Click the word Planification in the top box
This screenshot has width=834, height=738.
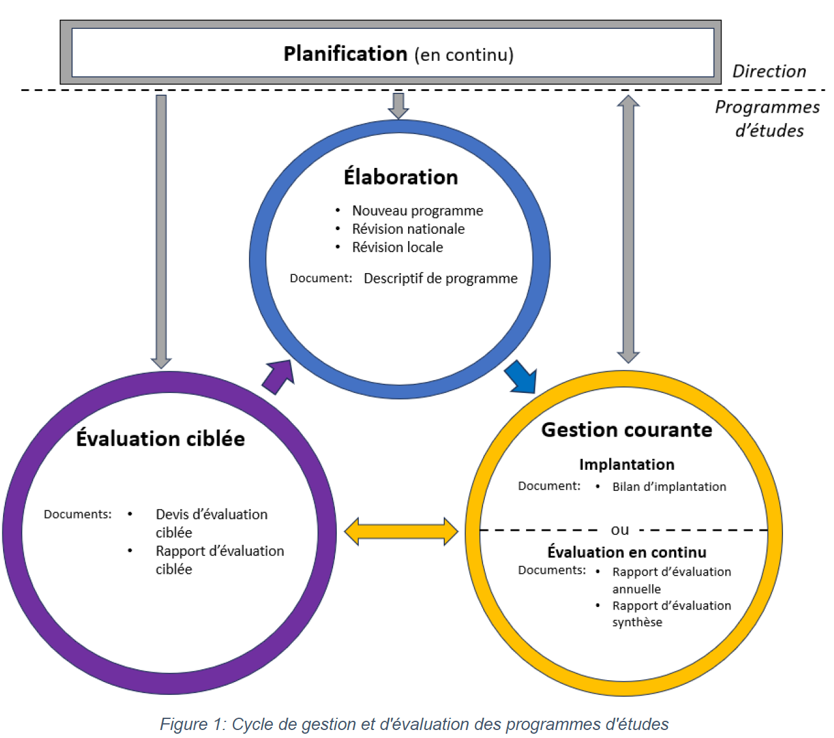(x=345, y=54)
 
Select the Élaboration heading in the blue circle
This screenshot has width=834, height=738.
(x=401, y=177)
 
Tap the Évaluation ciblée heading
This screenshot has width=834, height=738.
(x=160, y=438)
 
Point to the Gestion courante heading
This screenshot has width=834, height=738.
(x=626, y=430)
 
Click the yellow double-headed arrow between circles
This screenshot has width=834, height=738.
(x=401, y=531)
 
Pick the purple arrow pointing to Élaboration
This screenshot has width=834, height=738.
(x=278, y=376)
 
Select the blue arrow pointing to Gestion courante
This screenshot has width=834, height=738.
(x=521, y=376)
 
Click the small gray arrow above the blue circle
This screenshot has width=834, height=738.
(x=398, y=106)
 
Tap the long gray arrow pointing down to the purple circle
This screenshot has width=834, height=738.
(x=161, y=232)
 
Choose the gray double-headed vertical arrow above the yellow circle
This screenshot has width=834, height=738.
(x=628, y=229)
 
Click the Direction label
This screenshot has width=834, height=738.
(x=769, y=71)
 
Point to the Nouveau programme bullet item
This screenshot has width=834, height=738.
(x=417, y=210)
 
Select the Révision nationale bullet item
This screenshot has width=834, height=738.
(x=408, y=229)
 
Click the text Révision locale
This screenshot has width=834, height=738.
(x=398, y=247)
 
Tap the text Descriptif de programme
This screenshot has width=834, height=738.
(x=441, y=279)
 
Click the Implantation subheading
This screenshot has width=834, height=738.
(x=627, y=464)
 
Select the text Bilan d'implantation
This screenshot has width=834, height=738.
(x=669, y=486)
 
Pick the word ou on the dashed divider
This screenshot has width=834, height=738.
(x=620, y=530)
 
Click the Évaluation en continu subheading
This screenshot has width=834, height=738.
(x=627, y=552)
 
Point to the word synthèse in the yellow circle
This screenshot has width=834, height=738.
(x=637, y=622)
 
